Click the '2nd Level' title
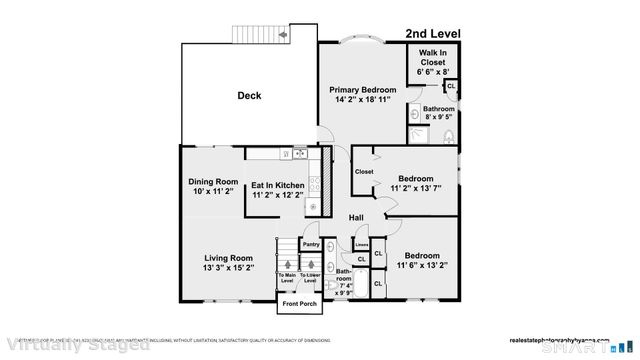click(x=434, y=34)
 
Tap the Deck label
click(x=249, y=96)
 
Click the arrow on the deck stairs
click(x=283, y=34)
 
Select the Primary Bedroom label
click(x=363, y=90)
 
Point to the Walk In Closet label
click(x=434, y=57)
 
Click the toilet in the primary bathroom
click(x=449, y=136)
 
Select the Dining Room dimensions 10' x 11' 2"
click(x=210, y=192)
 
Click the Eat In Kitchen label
click(x=277, y=185)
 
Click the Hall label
click(x=355, y=217)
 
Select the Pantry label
click(x=311, y=243)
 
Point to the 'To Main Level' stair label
click(x=287, y=276)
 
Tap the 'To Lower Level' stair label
click(x=310, y=276)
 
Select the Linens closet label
click(x=361, y=243)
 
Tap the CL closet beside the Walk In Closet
click(x=451, y=86)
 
